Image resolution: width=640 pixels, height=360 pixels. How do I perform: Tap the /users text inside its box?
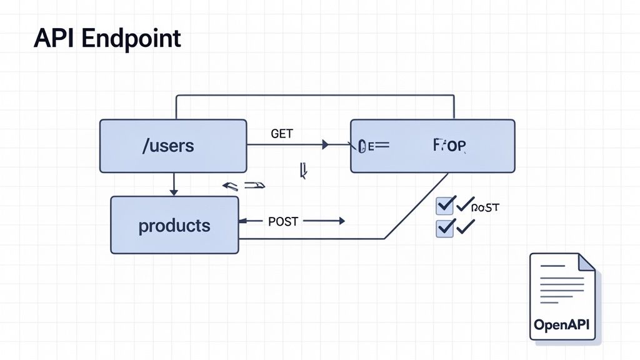[168, 146]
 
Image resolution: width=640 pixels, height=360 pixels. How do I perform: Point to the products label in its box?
[174, 225]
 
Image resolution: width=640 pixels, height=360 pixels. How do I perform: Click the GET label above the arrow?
[282, 134]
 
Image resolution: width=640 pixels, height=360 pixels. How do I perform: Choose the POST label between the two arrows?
[283, 221]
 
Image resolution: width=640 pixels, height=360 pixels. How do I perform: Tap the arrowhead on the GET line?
[325, 145]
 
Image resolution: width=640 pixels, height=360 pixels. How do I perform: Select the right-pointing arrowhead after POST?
[341, 221]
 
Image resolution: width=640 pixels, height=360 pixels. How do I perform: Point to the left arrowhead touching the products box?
[243, 221]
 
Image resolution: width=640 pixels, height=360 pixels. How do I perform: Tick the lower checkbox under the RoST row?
[444, 227]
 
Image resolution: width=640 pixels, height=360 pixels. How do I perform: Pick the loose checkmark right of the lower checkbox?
[466, 226]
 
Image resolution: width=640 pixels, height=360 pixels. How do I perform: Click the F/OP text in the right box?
[449, 146]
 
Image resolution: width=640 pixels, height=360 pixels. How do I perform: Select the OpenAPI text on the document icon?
[562, 325]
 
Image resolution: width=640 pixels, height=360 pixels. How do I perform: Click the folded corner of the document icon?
[586, 262]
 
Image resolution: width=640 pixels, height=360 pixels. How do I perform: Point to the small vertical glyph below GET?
[303, 171]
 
